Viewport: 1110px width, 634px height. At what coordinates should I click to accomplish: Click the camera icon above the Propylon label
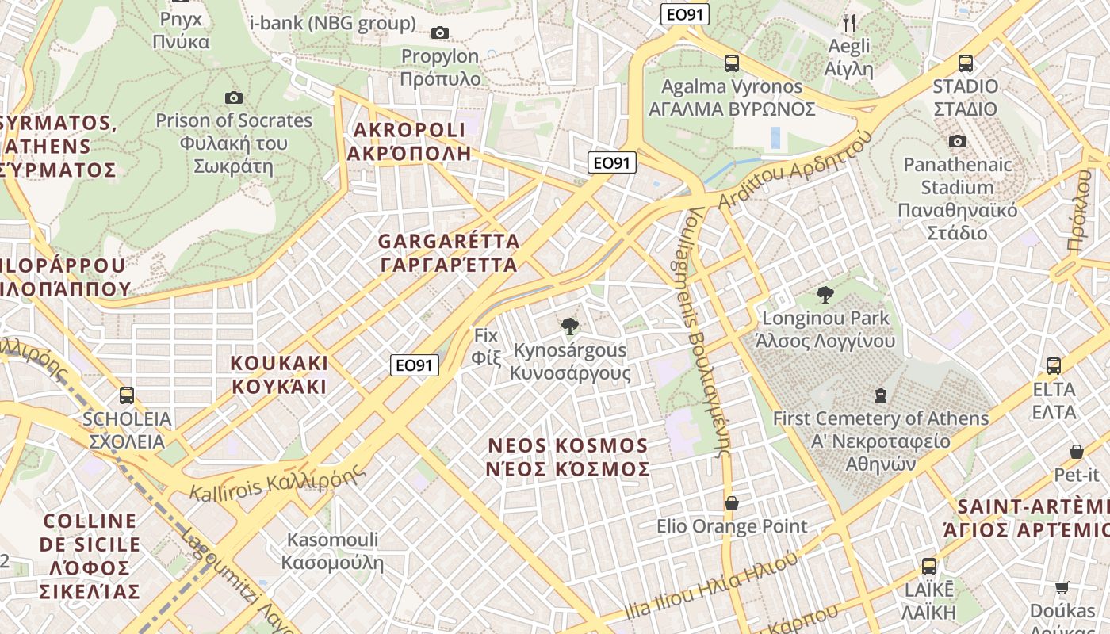[439, 32]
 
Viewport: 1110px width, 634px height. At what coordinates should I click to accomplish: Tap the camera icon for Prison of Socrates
[234, 97]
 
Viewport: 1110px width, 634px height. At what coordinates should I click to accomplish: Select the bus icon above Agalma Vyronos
[732, 63]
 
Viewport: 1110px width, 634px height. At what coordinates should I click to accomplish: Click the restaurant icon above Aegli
[848, 22]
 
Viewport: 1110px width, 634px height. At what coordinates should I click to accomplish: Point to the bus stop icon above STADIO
[965, 63]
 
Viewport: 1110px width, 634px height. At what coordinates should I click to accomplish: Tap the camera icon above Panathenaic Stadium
[958, 141]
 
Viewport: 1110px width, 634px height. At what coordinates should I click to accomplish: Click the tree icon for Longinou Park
[825, 295]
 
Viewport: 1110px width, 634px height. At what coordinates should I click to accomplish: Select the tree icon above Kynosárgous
[569, 326]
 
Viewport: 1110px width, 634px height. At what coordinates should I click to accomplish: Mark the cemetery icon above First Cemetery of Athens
[880, 395]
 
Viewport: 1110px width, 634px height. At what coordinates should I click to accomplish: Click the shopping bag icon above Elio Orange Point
[732, 503]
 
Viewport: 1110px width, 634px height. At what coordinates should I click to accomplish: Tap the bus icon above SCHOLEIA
[127, 395]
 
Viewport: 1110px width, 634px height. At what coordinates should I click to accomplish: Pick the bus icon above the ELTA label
[1053, 366]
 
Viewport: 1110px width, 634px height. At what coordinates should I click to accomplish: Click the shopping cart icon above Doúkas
[1062, 587]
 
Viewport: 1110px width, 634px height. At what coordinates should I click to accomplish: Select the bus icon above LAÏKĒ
[928, 567]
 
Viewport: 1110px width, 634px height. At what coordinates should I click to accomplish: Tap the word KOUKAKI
[279, 363]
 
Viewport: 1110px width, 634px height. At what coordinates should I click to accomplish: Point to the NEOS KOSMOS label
[568, 445]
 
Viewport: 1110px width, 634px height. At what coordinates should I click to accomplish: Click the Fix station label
[486, 335]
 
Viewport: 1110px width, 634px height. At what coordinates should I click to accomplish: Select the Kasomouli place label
[332, 540]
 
